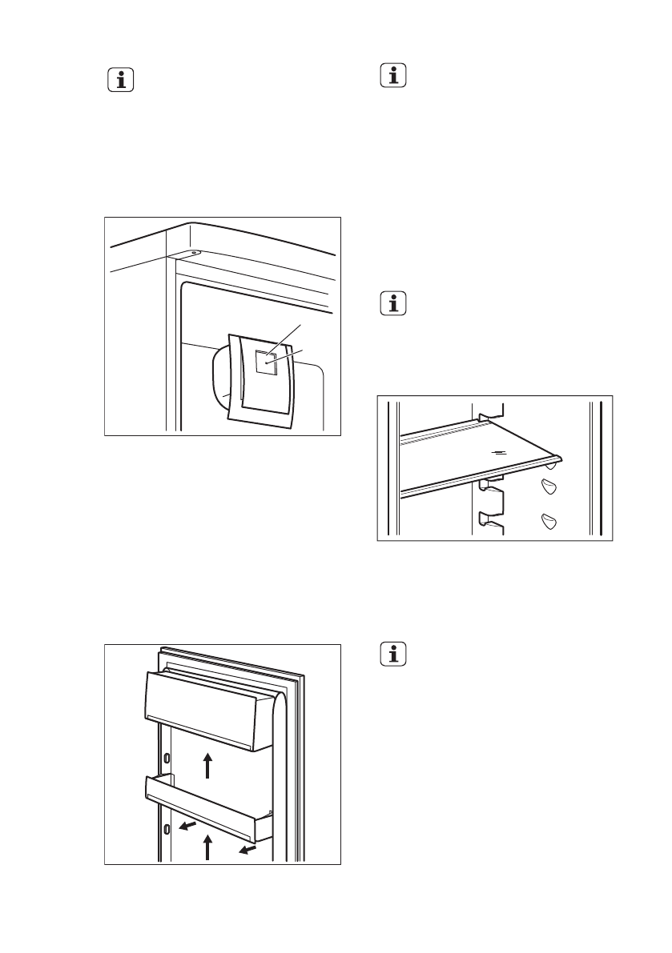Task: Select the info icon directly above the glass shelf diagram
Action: (393, 304)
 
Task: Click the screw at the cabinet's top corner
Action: (194, 254)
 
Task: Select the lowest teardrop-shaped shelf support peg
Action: (549, 522)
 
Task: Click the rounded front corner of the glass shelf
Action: (558, 459)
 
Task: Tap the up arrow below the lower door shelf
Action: (207, 847)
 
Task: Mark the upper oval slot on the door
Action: (166, 758)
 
